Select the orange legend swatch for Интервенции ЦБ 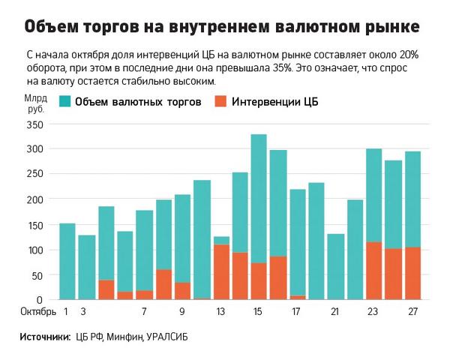tap(221, 101)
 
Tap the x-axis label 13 tap(220, 311)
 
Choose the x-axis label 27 tap(412, 311)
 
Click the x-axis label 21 tap(335, 311)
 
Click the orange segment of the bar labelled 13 tap(221, 272)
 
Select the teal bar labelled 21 tap(336, 266)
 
